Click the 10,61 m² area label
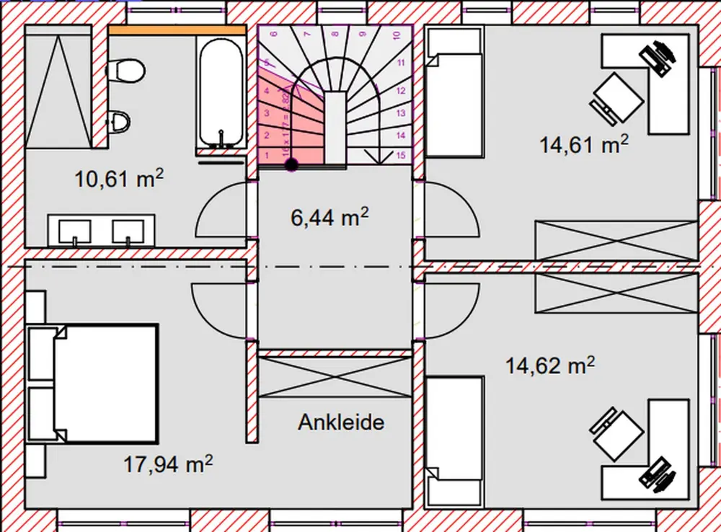coord(119,177)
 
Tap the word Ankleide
coord(341,422)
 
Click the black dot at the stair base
coord(291,165)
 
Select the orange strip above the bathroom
coord(177,30)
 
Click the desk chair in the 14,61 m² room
coord(618,99)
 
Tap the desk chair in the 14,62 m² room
coord(616,433)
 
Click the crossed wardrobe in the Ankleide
coord(334,376)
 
